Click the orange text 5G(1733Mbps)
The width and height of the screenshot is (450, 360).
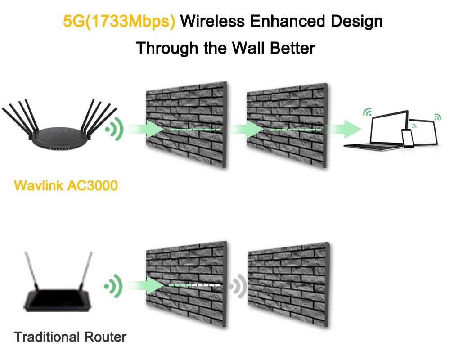[x=119, y=22]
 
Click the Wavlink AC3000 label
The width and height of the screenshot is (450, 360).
[x=66, y=185]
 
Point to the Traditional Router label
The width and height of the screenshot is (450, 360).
[x=70, y=337]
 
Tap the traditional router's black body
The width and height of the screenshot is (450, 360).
[x=57, y=301]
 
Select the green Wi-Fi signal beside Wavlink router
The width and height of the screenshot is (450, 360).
[x=115, y=129]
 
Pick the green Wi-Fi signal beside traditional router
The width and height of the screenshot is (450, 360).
[x=114, y=286]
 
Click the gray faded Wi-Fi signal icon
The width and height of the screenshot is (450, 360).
[x=238, y=286]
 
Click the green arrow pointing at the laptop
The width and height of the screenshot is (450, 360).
[x=344, y=129]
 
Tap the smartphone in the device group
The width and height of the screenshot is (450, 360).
[x=408, y=138]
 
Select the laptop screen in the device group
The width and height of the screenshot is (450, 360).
[x=389, y=127]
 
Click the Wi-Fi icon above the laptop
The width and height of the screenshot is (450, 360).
[x=368, y=112]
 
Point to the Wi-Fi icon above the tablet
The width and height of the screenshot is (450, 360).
[x=438, y=117]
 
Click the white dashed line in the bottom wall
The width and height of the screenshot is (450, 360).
[x=206, y=285]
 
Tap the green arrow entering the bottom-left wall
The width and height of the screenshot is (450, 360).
[x=146, y=285]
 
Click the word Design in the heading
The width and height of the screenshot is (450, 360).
[x=356, y=22]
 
